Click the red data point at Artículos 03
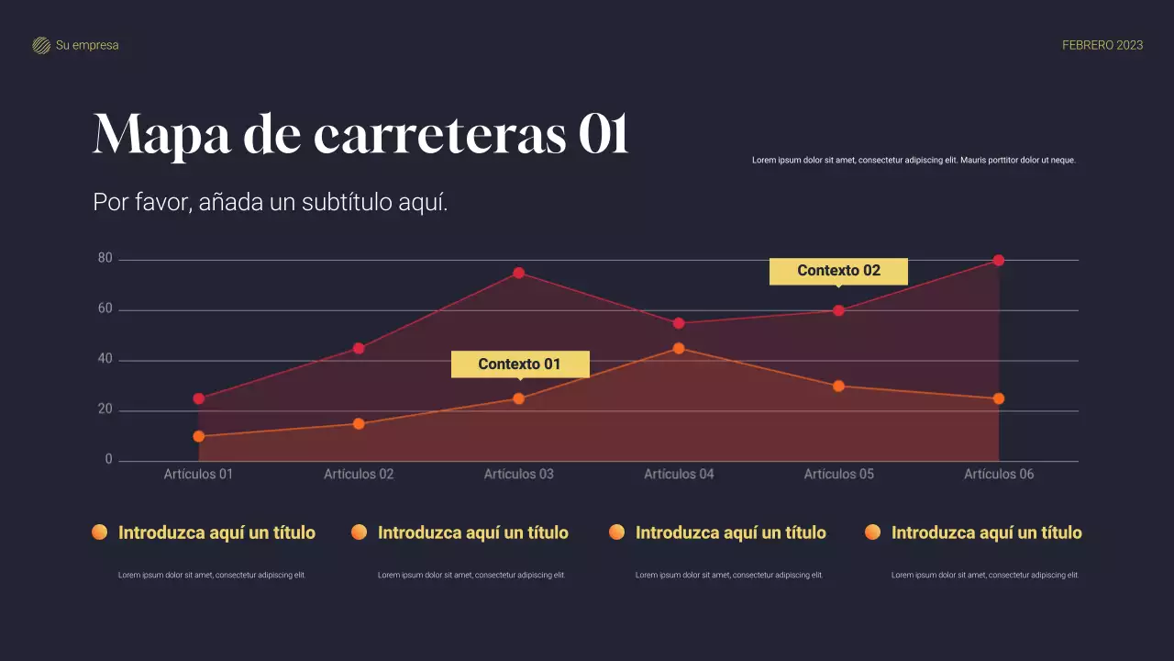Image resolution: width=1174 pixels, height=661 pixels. [518, 273]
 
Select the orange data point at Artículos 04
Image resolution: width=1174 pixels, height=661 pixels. [679, 348]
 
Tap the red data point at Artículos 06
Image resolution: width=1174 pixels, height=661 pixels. [999, 260]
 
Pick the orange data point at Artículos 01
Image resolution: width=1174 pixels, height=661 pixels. [199, 436]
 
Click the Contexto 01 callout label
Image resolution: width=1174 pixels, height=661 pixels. [519, 364]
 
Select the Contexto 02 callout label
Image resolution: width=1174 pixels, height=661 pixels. [838, 271]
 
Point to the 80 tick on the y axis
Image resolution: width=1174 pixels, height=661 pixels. [105, 259]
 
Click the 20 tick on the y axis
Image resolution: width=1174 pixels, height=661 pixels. [105, 410]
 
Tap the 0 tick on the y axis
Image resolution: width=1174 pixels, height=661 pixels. [108, 460]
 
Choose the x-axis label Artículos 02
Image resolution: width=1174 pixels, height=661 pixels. [359, 475]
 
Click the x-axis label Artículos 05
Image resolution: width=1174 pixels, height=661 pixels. [838, 475]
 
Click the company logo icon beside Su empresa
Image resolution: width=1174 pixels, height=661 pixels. [41, 46]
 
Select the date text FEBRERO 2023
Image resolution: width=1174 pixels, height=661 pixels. [1102, 45]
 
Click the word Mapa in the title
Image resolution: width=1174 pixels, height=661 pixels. [162, 135]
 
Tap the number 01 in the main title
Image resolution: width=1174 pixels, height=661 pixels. [603, 135]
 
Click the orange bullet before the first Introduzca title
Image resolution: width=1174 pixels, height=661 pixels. [99, 532]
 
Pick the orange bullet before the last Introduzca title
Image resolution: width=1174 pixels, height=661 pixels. [872, 532]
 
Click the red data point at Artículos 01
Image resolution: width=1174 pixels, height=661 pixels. [199, 398]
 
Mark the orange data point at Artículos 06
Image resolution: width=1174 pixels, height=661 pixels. [999, 398]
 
